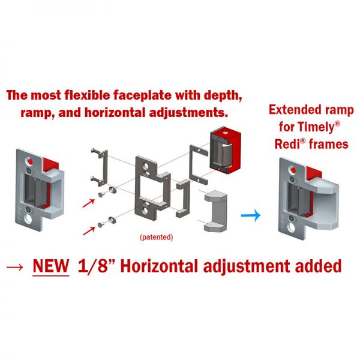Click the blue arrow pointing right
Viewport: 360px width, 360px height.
click(251, 215)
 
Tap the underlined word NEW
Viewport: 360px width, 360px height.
click(51, 266)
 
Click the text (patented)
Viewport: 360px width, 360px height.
click(157, 237)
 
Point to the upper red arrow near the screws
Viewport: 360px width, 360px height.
click(89, 203)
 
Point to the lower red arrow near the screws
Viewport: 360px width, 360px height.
click(89, 231)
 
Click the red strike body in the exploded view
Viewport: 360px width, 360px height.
click(225, 152)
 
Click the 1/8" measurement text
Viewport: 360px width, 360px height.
click(97, 266)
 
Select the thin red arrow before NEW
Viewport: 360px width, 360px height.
click(15, 267)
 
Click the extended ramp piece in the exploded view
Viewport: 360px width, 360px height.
click(216, 211)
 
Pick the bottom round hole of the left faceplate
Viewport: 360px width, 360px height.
click(28, 218)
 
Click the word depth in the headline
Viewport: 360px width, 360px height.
click(223, 95)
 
